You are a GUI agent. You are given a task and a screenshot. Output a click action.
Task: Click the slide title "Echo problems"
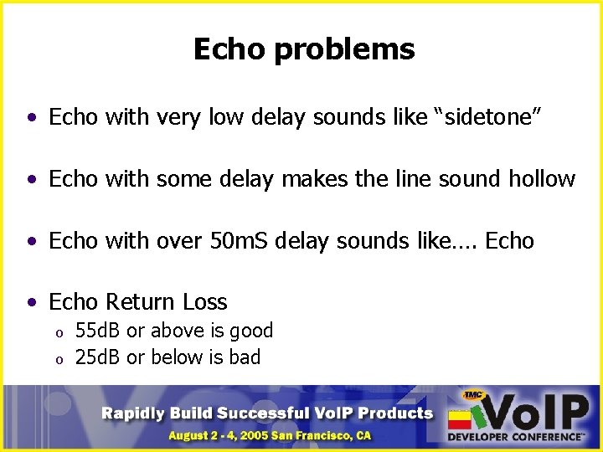[x=303, y=49]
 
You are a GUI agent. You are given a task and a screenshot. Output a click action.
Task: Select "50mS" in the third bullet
[x=238, y=241]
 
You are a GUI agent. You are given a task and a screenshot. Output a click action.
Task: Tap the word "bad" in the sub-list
[x=244, y=357]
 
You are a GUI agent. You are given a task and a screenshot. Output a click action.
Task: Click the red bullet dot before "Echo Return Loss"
[x=32, y=303]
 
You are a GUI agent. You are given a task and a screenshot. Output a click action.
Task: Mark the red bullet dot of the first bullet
[x=32, y=118]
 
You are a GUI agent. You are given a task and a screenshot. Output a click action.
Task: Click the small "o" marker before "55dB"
[x=59, y=333]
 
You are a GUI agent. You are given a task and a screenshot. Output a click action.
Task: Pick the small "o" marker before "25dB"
[x=59, y=360]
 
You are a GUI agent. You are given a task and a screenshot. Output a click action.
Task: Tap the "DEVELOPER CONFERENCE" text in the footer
[x=515, y=437]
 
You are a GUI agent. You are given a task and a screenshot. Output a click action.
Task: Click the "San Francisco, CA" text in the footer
[x=326, y=436]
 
